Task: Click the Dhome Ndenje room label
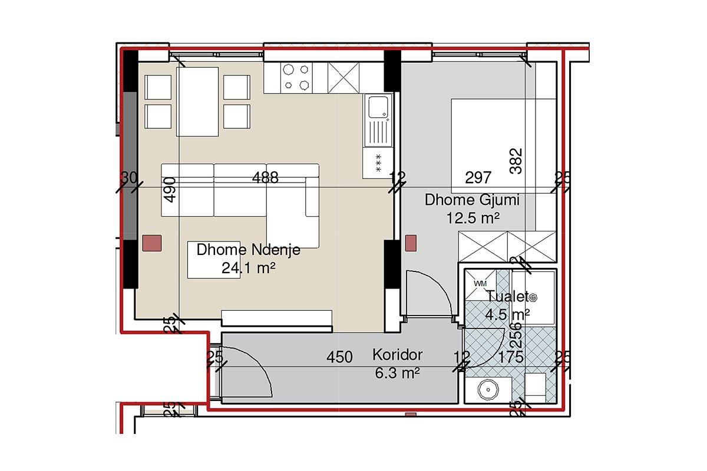pos(249,250)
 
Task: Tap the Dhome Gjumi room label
pos(472,200)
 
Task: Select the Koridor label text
pos(397,355)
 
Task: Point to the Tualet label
pos(507,297)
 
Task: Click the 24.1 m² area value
pos(249,268)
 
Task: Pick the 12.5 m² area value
pos(473,218)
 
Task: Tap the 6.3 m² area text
pos(397,373)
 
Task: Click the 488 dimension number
pos(265,177)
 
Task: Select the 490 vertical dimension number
pos(170,190)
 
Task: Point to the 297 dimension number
pos(478,178)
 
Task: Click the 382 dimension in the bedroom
pos(516,161)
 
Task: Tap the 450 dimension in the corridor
pos(339,357)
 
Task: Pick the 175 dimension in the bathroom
pos(511,357)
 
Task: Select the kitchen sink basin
pos(378,107)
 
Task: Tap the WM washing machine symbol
pos(480,283)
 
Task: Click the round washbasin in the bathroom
pos(488,390)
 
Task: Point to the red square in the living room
pos(152,243)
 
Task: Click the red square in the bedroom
pos(411,243)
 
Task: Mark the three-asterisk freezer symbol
pos(378,162)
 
